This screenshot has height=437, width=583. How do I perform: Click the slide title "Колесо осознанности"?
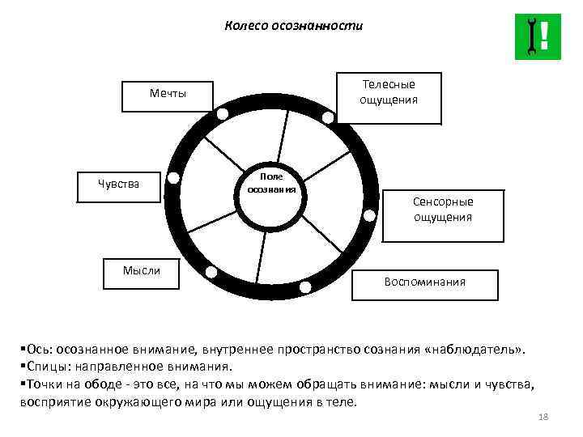point(293,26)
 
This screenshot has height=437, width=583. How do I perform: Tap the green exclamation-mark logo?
point(537,36)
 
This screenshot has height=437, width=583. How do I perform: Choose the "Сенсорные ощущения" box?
point(443,210)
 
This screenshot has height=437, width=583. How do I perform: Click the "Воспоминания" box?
point(425,282)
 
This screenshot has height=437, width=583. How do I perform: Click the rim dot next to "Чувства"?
point(173,179)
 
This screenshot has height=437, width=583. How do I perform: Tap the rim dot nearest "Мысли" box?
point(211,272)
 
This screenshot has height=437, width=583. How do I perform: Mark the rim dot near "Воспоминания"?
point(305,287)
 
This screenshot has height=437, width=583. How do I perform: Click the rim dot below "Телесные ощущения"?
point(327,118)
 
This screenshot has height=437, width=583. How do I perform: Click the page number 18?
point(543,417)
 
